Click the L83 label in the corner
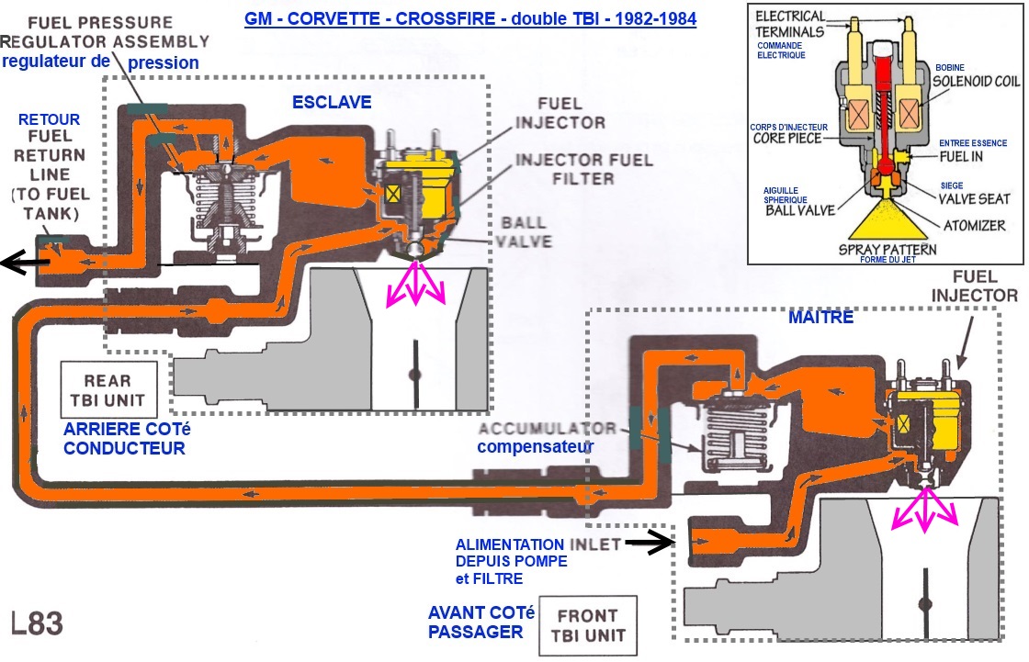[38, 623]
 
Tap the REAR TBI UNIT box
[107, 390]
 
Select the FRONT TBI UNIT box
[593, 624]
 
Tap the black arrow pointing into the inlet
[649, 543]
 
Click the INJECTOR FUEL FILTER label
[583, 169]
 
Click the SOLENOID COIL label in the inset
[974, 81]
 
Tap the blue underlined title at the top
[470, 18]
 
